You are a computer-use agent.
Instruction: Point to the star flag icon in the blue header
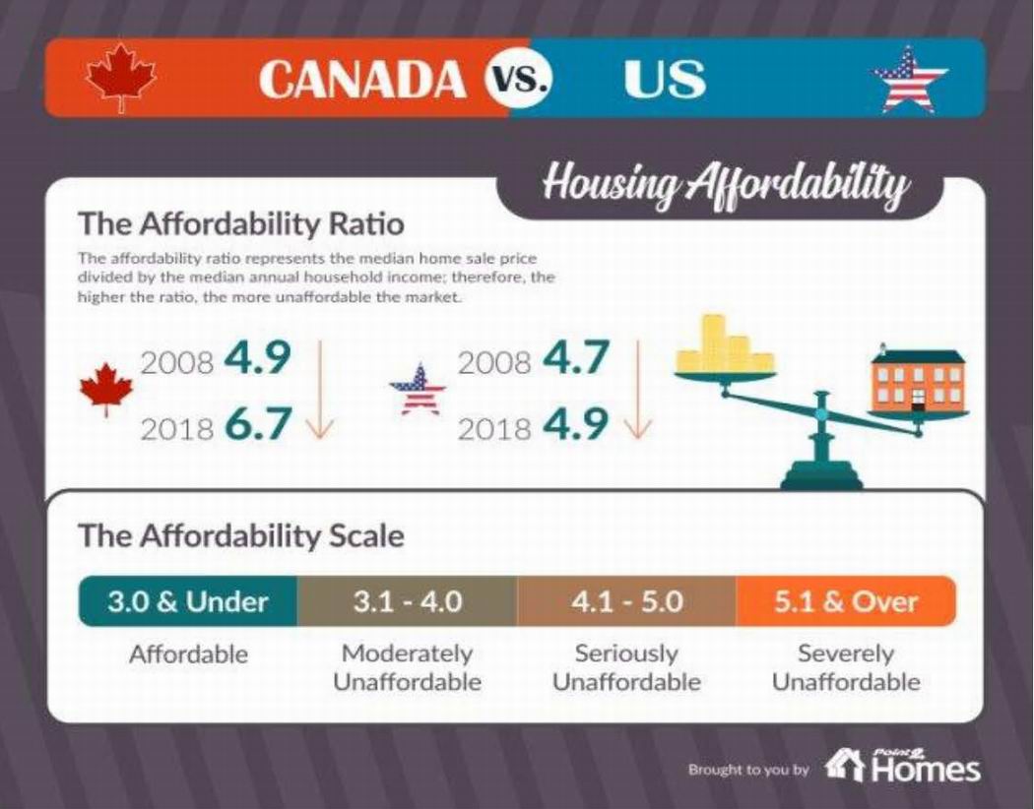910,80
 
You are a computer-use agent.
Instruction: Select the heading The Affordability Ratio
240,223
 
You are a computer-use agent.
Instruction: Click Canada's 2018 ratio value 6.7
258,424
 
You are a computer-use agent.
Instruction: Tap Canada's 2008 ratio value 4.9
258,359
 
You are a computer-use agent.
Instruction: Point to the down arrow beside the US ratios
638,389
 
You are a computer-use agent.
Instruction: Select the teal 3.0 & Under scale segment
187,601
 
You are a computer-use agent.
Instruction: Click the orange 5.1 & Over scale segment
846,601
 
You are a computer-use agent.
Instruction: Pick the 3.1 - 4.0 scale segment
407,601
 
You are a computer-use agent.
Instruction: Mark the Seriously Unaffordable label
626,667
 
